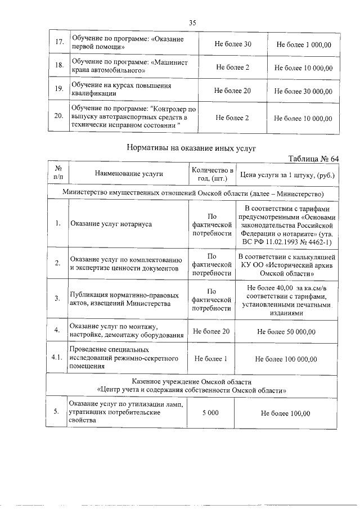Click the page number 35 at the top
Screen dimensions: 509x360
(192, 22)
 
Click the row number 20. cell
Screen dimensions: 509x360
(58, 118)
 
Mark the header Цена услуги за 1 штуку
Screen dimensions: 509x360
(287, 174)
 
